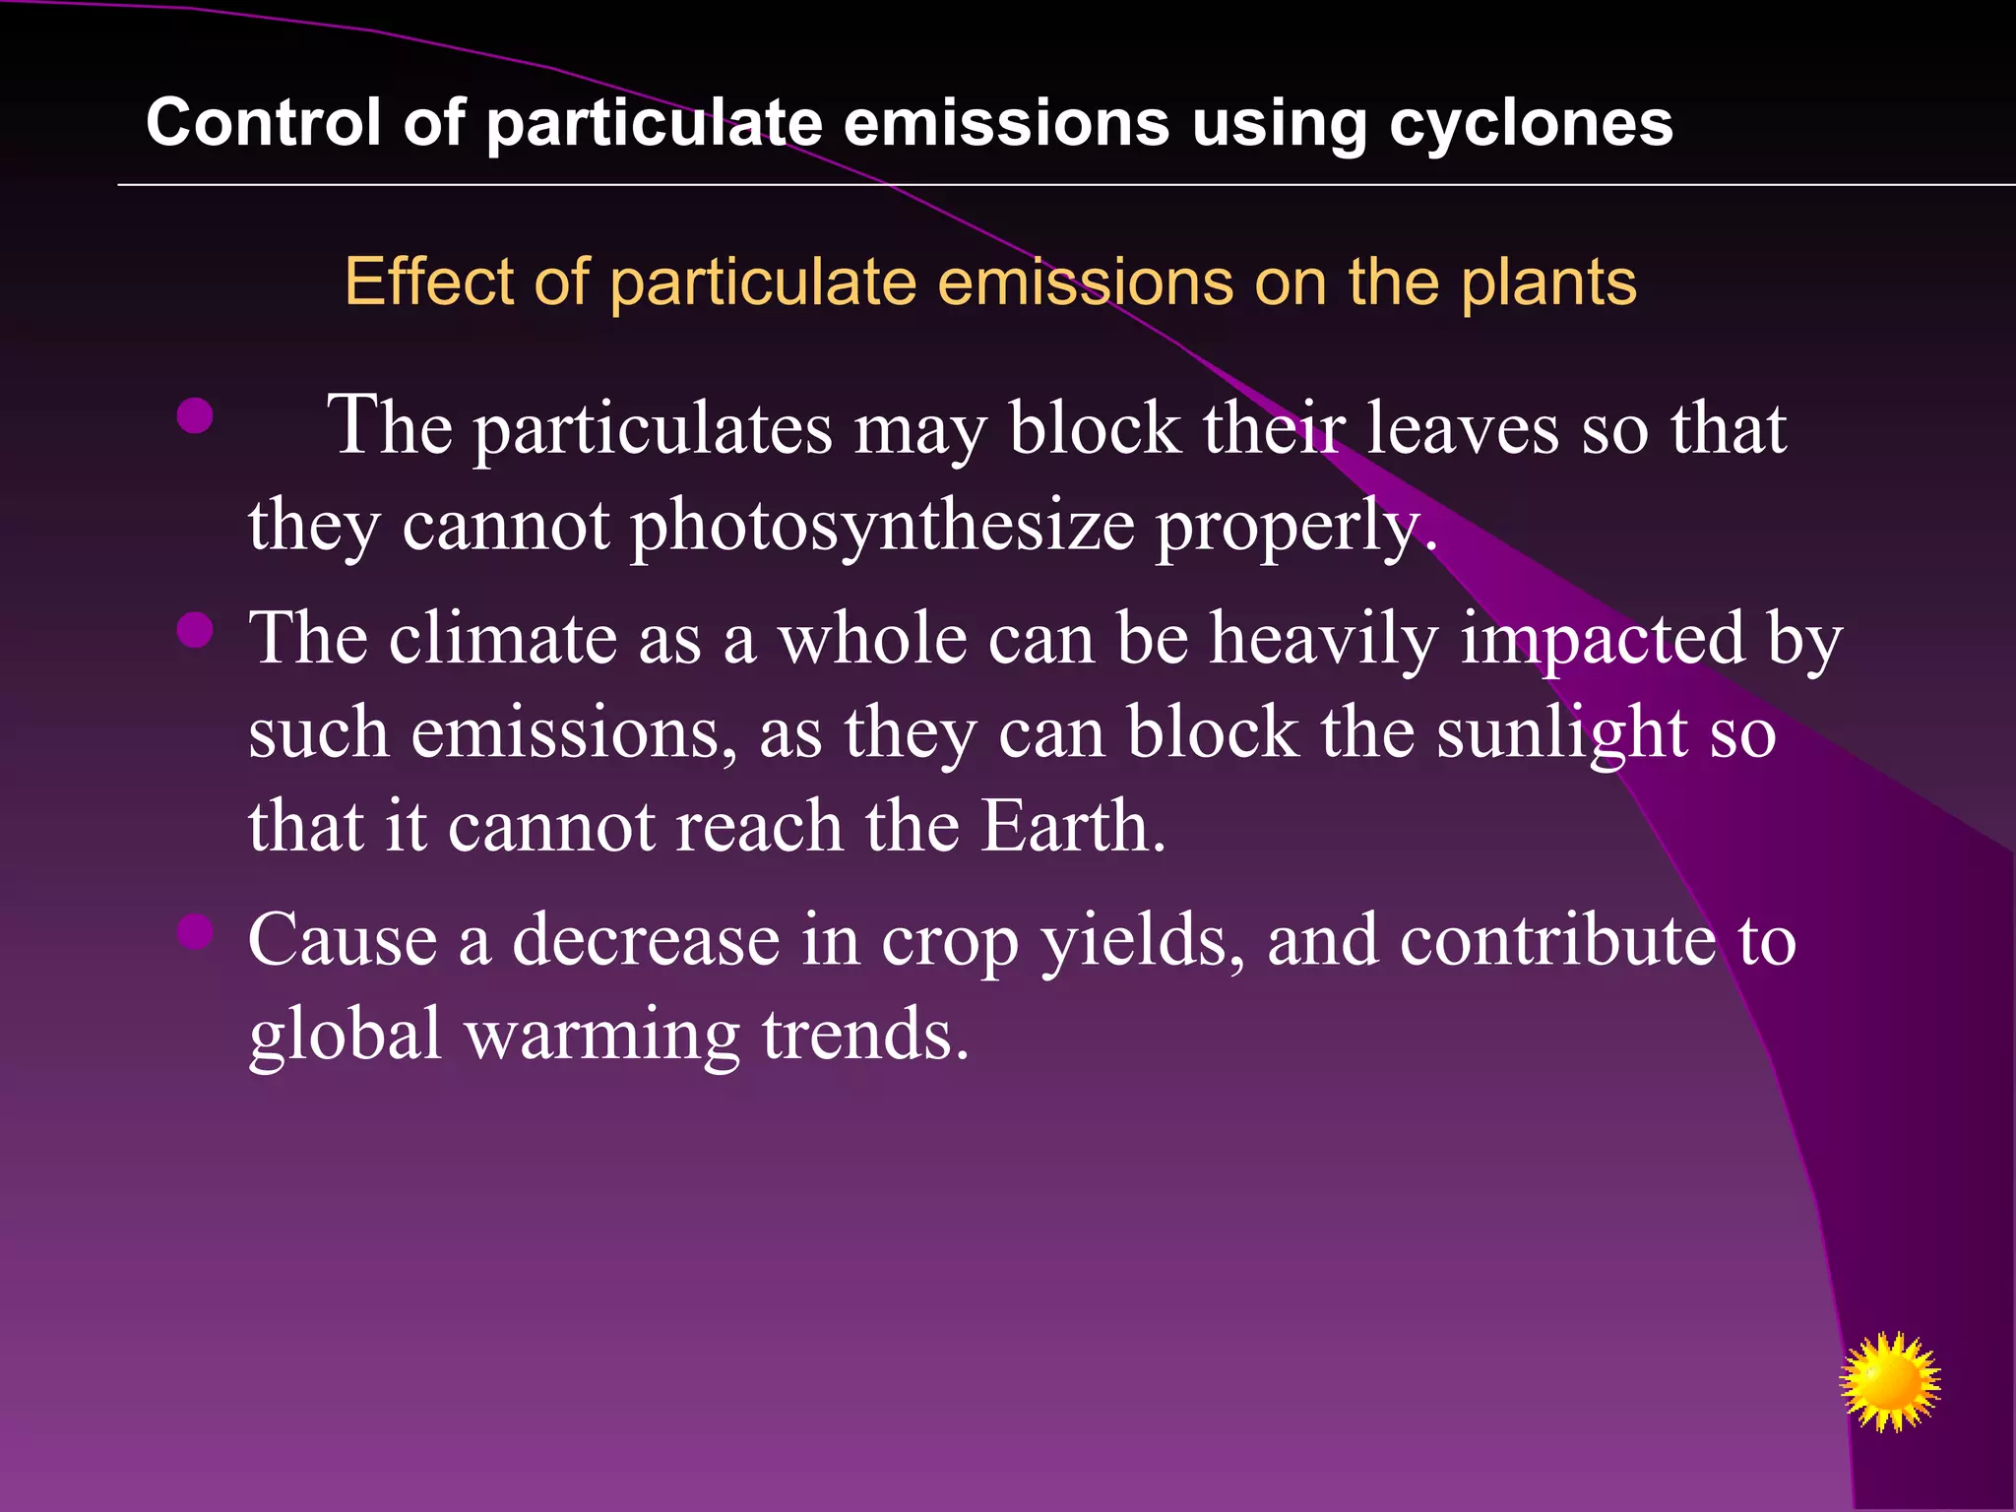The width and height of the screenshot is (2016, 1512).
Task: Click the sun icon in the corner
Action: (1889, 1381)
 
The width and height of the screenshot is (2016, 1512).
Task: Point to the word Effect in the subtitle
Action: (429, 282)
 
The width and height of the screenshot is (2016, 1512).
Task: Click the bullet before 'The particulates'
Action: (195, 416)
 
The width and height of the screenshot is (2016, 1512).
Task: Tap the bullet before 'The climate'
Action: (195, 630)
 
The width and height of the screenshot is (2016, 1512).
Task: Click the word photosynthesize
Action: (882, 527)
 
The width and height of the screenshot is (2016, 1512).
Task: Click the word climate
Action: (502, 639)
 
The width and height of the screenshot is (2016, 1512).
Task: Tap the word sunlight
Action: (1561, 733)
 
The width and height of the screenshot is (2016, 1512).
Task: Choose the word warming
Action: (601, 1035)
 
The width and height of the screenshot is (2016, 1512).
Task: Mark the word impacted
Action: (1603, 639)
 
